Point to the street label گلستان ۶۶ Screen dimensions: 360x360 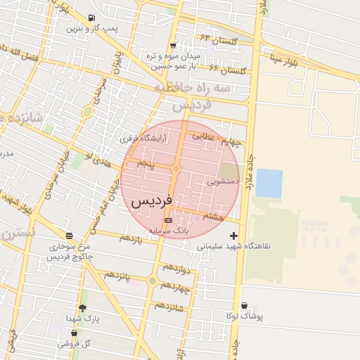pyautogui.click(x=228, y=70)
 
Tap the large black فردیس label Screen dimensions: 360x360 pyautogui.click(x=150, y=201)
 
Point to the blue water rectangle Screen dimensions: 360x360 pyautogui.click(x=269, y=183)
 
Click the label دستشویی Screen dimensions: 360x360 pyautogui.click(x=224, y=181)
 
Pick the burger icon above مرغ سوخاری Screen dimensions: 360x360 pyautogui.click(x=68, y=236)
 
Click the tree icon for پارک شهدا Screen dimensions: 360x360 pyautogui.click(x=82, y=307)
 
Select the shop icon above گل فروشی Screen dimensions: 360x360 pyautogui.click(x=73, y=333)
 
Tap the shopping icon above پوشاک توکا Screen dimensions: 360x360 pyautogui.click(x=244, y=305)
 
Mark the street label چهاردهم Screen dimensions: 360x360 pyautogui.click(x=175, y=287)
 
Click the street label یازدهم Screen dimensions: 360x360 pyautogui.click(x=130, y=239)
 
